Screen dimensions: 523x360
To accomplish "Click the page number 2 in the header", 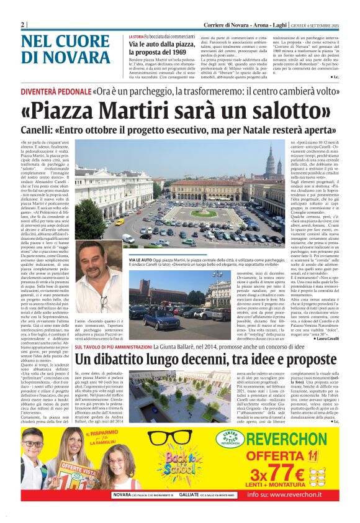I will [x=23, y=24].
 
